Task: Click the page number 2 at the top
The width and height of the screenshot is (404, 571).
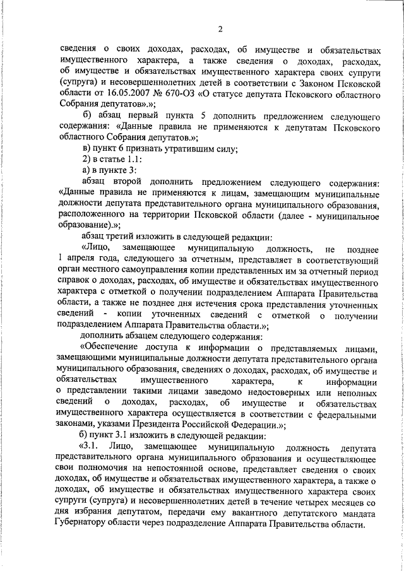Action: [220, 29]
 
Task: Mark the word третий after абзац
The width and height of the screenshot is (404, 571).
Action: [124, 238]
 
